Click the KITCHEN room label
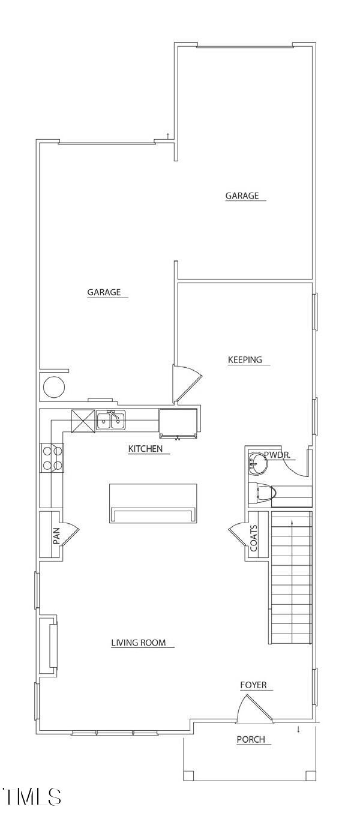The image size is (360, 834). pos(145,449)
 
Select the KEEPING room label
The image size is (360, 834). pos(245,360)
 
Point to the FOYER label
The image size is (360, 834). pos(253,685)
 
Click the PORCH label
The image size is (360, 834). pos(251,740)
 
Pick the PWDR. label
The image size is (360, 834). pos(278,455)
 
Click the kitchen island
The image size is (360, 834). pos(153,503)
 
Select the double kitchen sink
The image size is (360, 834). pos(111,420)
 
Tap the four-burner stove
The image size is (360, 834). pos(52,457)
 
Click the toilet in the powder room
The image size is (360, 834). pos(265,494)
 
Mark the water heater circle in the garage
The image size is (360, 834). pos(52,387)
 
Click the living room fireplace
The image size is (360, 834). pos(49,646)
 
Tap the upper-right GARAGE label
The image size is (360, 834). pos(242,196)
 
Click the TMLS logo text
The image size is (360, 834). pos(32,797)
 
